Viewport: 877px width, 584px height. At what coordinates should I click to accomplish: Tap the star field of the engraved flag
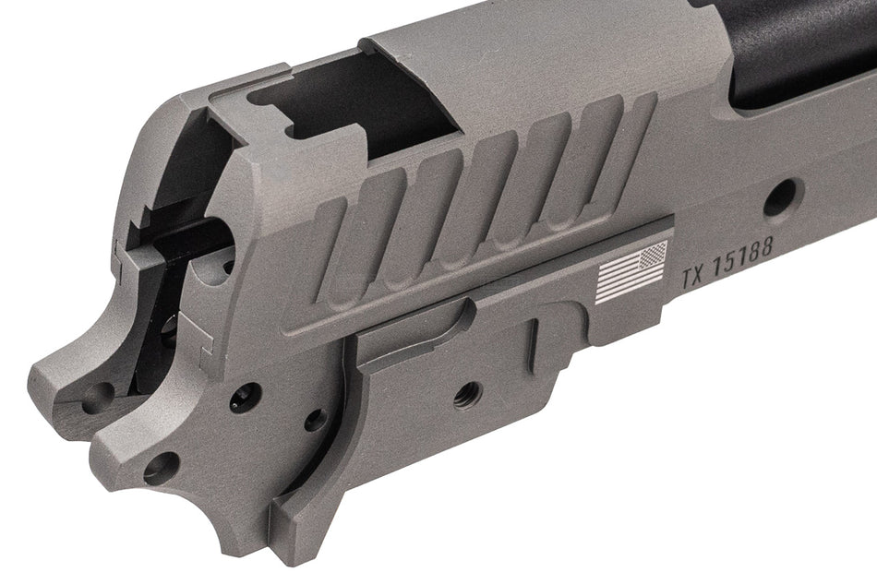653,255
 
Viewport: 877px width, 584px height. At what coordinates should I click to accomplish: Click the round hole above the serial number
782,197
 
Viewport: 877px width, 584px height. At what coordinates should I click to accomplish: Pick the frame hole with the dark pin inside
246,396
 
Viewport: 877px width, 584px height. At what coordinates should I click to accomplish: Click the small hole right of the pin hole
315,420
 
